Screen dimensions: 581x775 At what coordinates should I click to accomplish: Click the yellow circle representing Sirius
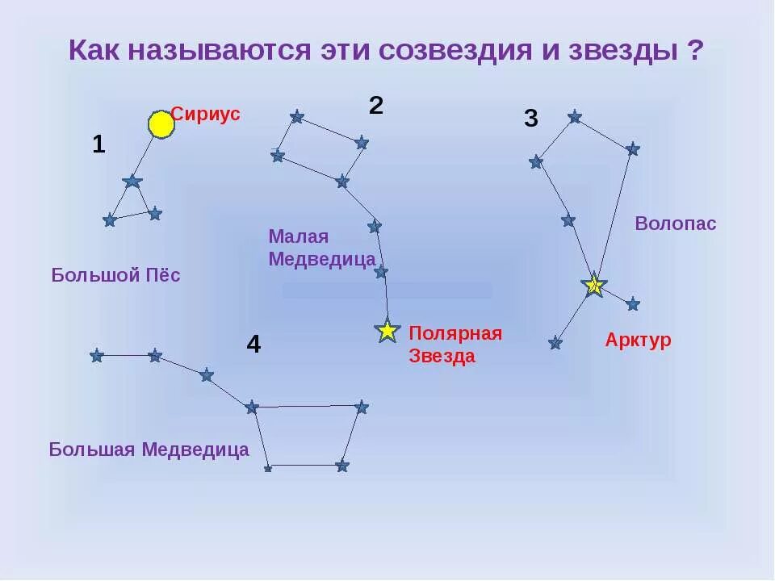click(161, 124)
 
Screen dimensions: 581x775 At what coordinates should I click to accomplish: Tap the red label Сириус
click(206, 114)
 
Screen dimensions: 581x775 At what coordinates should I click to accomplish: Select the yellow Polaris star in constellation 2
click(388, 331)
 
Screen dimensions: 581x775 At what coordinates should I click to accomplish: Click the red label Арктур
click(638, 340)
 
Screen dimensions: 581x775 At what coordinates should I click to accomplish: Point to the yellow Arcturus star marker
click(594, 285)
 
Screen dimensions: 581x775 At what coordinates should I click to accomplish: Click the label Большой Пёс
click(115, 275)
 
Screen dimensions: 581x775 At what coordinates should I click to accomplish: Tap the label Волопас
click(676, 224)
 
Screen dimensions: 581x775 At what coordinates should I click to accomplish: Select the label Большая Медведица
click(149, 449)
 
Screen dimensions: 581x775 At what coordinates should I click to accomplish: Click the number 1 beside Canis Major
click(98, 144)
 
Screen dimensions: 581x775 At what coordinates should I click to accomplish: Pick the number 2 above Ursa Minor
click(376, 105)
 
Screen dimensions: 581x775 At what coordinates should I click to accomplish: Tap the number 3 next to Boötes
click(530, 119)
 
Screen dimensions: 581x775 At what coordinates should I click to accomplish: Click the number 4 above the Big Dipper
click(253, 345)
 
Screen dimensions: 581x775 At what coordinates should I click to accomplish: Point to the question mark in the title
click(695, 50)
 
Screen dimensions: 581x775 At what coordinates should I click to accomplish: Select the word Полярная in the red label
click(455, 333)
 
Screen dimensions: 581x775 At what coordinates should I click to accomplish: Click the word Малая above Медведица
click(299, 236)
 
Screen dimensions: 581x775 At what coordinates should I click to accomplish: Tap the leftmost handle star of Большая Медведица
click(97, 355)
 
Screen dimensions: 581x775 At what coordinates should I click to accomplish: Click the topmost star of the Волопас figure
click(575, 117)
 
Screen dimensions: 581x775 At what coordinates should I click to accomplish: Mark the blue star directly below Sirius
click(133, 181)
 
